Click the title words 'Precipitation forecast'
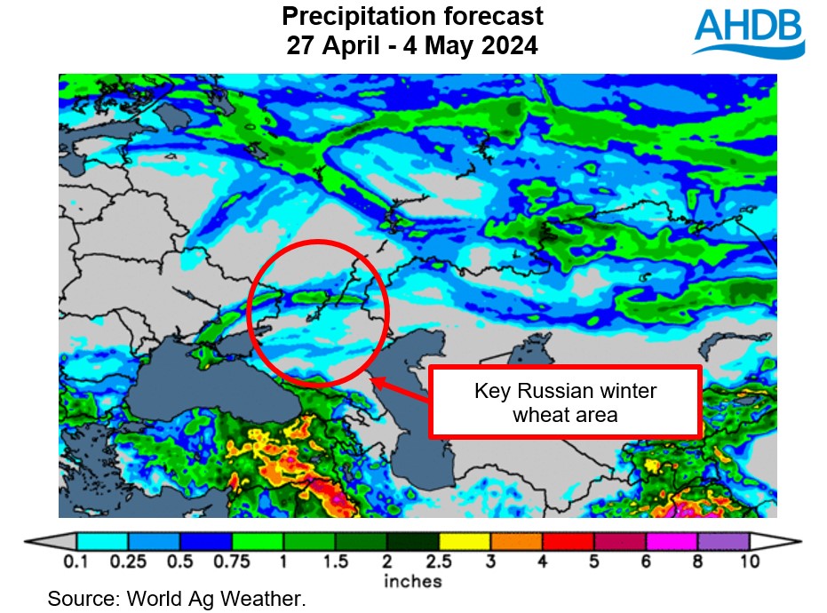[x=412, y=16]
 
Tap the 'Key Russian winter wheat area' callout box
[x=565, y=402]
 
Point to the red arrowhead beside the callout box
[x=378, y=381]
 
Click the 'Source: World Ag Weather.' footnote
[x=177, y=599]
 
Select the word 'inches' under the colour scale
[x=412, y=582]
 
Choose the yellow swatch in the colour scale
[x=465, y=541]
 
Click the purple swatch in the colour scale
[x=724, y=541]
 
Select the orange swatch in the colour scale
[x=517, y=541]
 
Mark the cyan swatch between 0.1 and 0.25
[x=102, y=541]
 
